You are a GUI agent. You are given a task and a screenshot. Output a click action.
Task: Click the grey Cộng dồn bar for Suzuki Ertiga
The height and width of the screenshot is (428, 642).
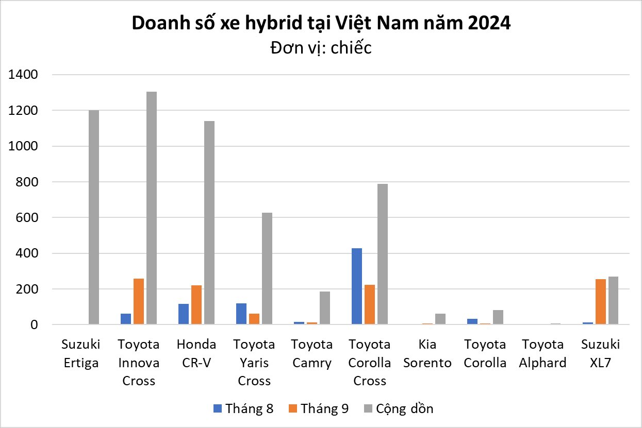(x=93, y=217)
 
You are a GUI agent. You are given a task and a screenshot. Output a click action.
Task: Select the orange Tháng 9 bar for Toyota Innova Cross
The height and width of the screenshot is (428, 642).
(x=139, y=301)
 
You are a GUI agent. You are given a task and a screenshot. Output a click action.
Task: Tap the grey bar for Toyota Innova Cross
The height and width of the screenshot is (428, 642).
(x=151, y=208)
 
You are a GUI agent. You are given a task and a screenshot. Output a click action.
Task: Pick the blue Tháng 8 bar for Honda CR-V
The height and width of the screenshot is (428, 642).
(x=184, y=314)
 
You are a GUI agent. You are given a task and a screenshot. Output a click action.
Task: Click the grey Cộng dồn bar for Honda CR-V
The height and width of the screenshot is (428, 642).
(x=209, y=222)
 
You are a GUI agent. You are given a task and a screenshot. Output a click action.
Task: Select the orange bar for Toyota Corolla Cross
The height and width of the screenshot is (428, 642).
(x=369, y=304)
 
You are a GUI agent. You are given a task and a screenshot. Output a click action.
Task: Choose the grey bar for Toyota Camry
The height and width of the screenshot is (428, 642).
(x=324, y=308)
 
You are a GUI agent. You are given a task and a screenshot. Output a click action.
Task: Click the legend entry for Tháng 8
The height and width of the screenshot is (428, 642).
(x=243, y=408)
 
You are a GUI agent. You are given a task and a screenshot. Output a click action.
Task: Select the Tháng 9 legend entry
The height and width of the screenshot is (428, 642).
(x=319, y=408)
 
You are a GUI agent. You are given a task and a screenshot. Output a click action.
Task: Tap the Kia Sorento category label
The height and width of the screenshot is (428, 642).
(x=427, y=353)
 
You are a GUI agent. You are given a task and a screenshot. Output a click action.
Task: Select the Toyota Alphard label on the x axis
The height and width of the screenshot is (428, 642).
(x=543, y=353)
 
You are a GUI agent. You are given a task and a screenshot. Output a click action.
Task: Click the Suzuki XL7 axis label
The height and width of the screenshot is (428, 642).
(x=600, y=353)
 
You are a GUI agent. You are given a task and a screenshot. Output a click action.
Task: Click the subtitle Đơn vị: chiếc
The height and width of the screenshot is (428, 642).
(x=320, y=48)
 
